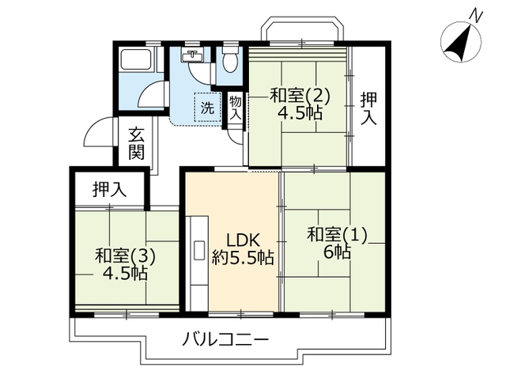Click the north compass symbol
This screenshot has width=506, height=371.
click(461, 42)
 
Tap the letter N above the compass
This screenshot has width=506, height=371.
click(477, 15)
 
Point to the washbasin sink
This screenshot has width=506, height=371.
click(193, 55)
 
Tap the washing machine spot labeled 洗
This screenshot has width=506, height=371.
click(207, 108)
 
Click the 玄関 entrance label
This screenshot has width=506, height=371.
click(136, 143)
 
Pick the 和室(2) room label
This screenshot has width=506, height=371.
click(300, 96)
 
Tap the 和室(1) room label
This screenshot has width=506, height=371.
click(338, 234)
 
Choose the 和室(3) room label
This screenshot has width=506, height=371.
click(125, 256)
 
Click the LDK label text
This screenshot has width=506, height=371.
click(243, 240)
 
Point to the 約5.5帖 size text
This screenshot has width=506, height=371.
click(243, 258)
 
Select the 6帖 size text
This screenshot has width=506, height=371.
click(338, 252)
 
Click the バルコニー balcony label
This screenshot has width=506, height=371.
click(225, 339)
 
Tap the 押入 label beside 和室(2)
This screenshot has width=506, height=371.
click(368, 108)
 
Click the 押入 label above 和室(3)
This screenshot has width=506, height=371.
click(109, 189)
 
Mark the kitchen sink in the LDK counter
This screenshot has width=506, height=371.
click(199, 250)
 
